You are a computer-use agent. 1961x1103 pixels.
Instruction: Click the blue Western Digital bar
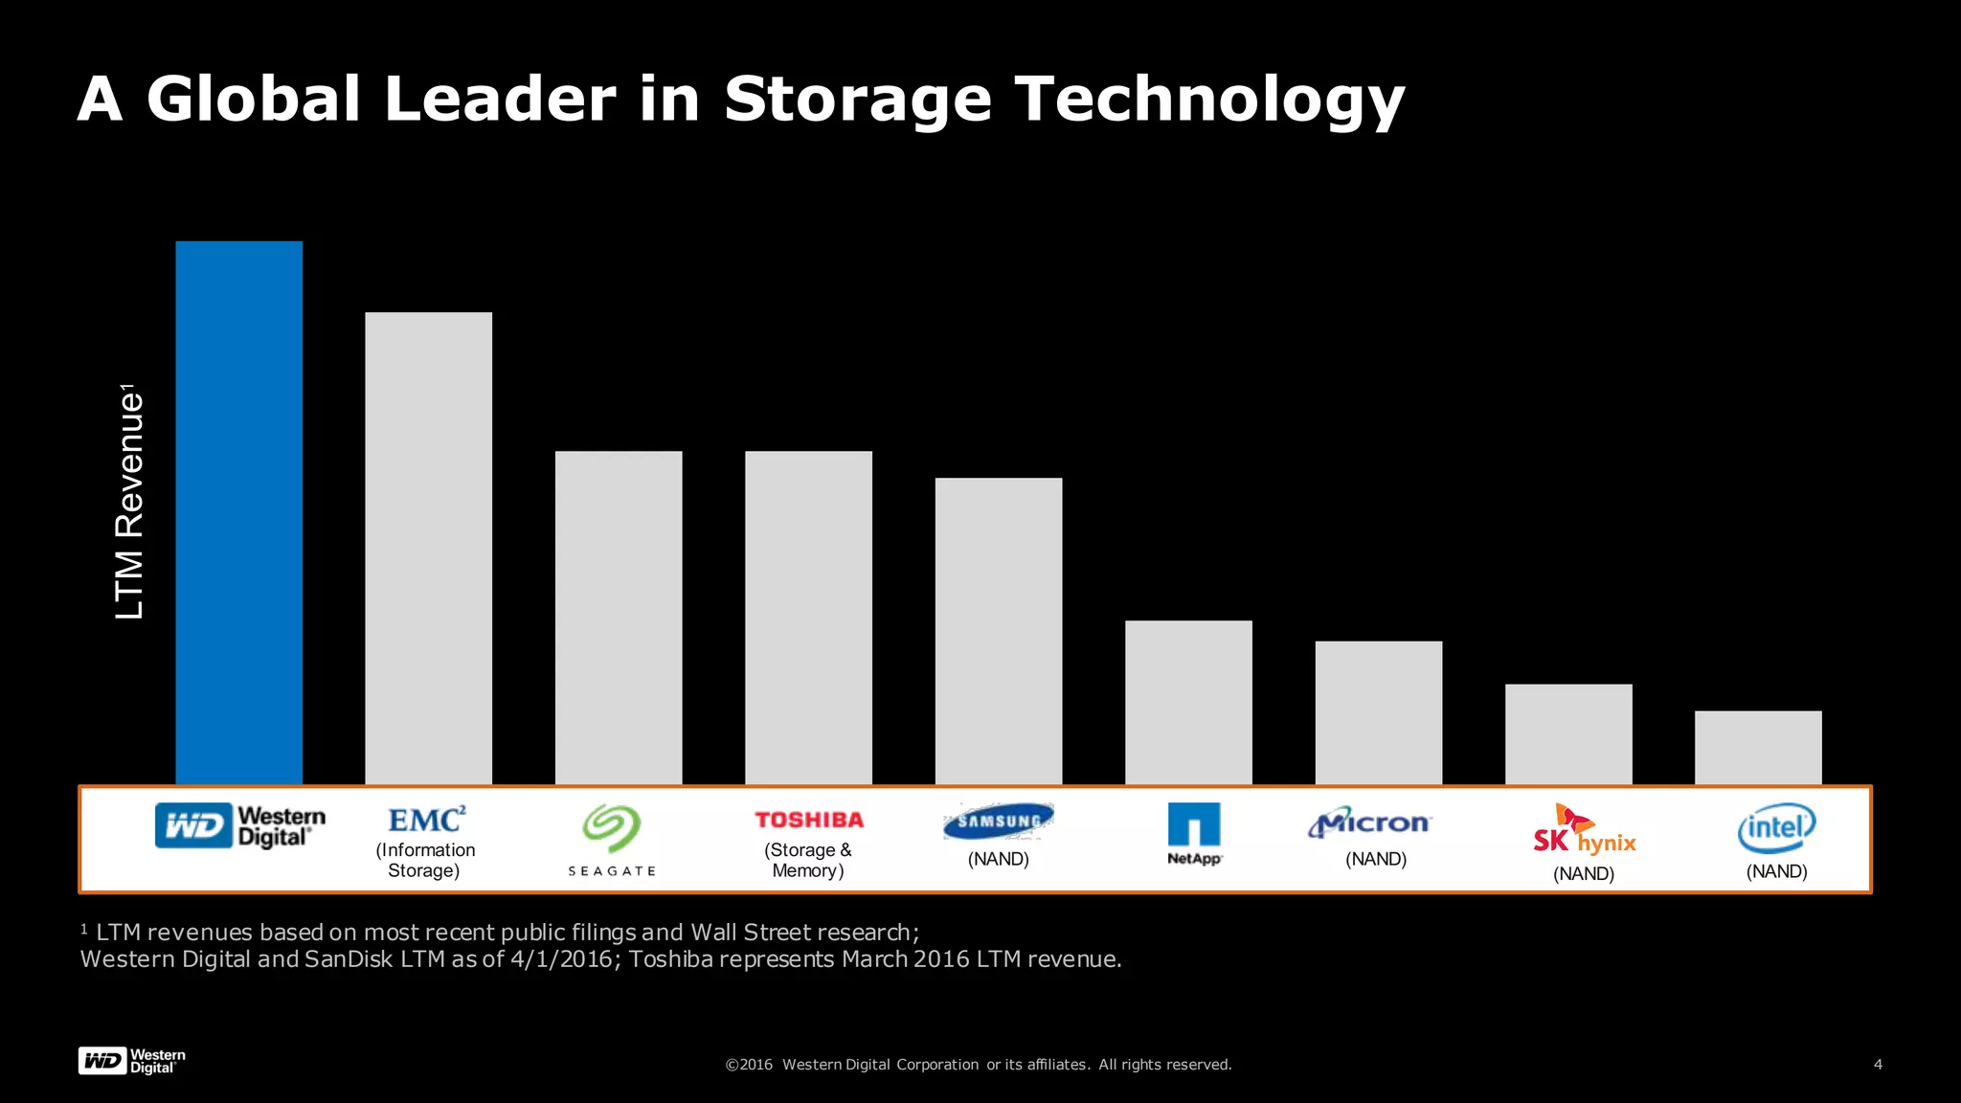coord(238,512)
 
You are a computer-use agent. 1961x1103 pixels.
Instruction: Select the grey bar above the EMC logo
coord(428,548)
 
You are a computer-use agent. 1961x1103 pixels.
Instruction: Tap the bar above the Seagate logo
coord(619,618)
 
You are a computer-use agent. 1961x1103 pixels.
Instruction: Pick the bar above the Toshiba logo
coord(808,618)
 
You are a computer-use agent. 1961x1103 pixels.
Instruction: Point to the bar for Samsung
coord(998,631)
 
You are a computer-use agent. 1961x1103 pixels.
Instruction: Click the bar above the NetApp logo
coord(1188,702)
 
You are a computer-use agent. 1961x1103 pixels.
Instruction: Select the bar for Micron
coord(1378,712)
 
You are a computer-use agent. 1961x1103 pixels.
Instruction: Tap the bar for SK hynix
coord(1568,733)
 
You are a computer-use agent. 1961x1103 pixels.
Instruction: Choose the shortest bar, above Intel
coord(1758,747)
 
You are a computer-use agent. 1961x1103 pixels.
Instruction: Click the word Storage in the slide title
coord(857,100)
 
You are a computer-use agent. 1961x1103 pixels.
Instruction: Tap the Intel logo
coord(1776,827)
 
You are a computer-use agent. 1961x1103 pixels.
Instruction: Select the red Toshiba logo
coord(809,820)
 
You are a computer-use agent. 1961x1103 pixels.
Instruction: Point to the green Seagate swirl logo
coord(612,827)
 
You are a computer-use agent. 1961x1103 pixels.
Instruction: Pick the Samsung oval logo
coord(999,821)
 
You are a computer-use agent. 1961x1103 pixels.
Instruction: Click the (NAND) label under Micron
coord(1376,859)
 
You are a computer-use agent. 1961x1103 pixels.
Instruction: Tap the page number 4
coord(1878,1064)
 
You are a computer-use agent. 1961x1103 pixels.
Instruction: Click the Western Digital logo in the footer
coord(131,1061)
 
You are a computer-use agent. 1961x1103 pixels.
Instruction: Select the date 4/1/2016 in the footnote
coord(561,959)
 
